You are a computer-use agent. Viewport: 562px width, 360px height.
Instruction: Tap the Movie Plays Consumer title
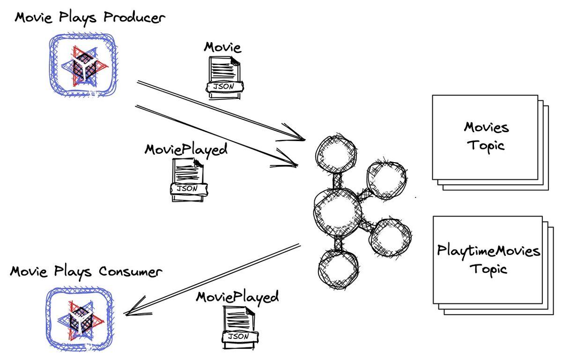point(86,272)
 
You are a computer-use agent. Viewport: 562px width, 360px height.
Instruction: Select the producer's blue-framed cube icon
point(83,65)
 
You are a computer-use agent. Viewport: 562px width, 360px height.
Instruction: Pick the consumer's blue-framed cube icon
point(80,319)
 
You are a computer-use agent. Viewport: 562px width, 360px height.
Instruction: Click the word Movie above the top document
point(222,47)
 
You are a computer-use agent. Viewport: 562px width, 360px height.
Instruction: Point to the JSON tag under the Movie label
point(224,87)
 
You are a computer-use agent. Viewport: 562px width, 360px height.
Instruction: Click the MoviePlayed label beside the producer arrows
point(186,150)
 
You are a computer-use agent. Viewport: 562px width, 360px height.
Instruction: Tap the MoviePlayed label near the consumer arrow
point(237,297)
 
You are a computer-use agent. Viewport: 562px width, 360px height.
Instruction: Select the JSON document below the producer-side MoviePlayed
point(189,180)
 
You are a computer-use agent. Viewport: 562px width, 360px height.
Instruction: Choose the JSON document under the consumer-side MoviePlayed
point(240,327)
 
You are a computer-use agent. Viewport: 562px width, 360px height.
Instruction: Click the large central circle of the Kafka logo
point(338,213)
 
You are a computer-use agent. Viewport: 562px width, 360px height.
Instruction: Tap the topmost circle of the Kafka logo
point(336,154)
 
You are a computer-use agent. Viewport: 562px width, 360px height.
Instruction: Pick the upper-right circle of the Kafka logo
point(386,180)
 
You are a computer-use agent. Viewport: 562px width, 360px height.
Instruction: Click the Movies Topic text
point(486,137)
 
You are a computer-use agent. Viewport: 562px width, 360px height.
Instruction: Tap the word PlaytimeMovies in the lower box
point(488,251)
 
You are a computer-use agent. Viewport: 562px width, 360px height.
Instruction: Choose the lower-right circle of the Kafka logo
point(390,237)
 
